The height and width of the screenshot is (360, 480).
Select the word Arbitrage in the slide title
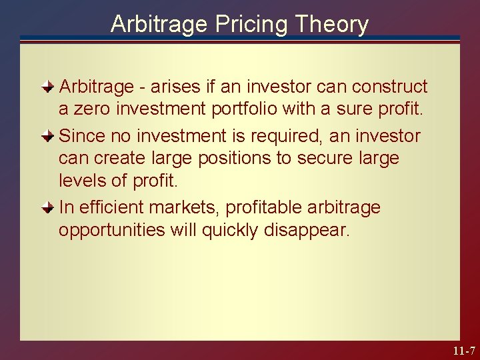[x=159, y=25]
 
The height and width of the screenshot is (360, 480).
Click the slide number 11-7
[x=463, y=351]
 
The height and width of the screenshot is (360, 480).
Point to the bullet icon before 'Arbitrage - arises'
[x=47, y=87]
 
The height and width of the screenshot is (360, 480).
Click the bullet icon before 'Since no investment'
[x=47, y=136]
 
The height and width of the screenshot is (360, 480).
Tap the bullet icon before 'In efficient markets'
[x=47, y=207]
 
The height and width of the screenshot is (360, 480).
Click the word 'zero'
[x=91, y=109]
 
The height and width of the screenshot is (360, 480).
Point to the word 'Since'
[x=81, y=136]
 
